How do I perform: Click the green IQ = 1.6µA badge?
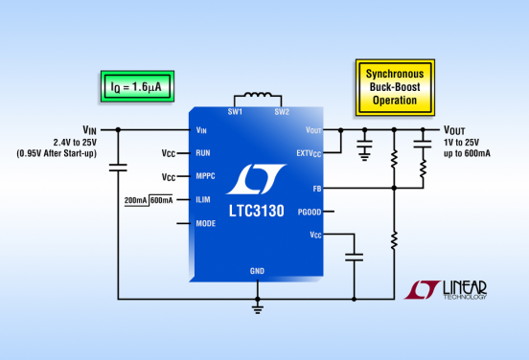pyautogui.click(x=137, y=86)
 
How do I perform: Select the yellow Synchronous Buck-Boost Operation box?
pyautogui.click(x=395, y=87)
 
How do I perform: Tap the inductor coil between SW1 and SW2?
pyautogui.click(x=258, y=95)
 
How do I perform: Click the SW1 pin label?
pyautogui.click(x=235, y=112)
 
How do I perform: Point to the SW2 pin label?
pyautogui.click(x=282, y=112)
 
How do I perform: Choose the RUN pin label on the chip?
pyautogui.click(x=203, y=153)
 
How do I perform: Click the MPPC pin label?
pyautogui.click(x=205, y=176)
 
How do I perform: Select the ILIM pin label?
pyautogui.click(x=203, y=199)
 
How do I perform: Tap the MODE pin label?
pyautogui.click(x=206, y=223)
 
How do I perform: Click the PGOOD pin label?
pyautogui.click(x=310, y=212)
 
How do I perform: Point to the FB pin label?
pyautogui.click(x=317, y=189)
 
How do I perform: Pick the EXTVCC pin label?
pyautogui.click(x=309, y=154)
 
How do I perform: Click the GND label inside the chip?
pyautogui.click(x=257, y=271)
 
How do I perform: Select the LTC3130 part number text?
pyautogui.click(x=257, y=211)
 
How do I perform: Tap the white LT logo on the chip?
pyautogui.click(x=256, y=179)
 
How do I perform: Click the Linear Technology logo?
pyautogui.click(x=446, y=290)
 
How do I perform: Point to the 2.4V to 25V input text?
pyautogui.click(x=75, y=143)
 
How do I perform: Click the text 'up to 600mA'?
pyautogui.click(x=468, y=153)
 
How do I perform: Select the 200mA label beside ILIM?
pyautogui.click(x=136, y=200)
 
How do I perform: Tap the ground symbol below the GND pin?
pyautogui.click(x=258, y=308)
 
